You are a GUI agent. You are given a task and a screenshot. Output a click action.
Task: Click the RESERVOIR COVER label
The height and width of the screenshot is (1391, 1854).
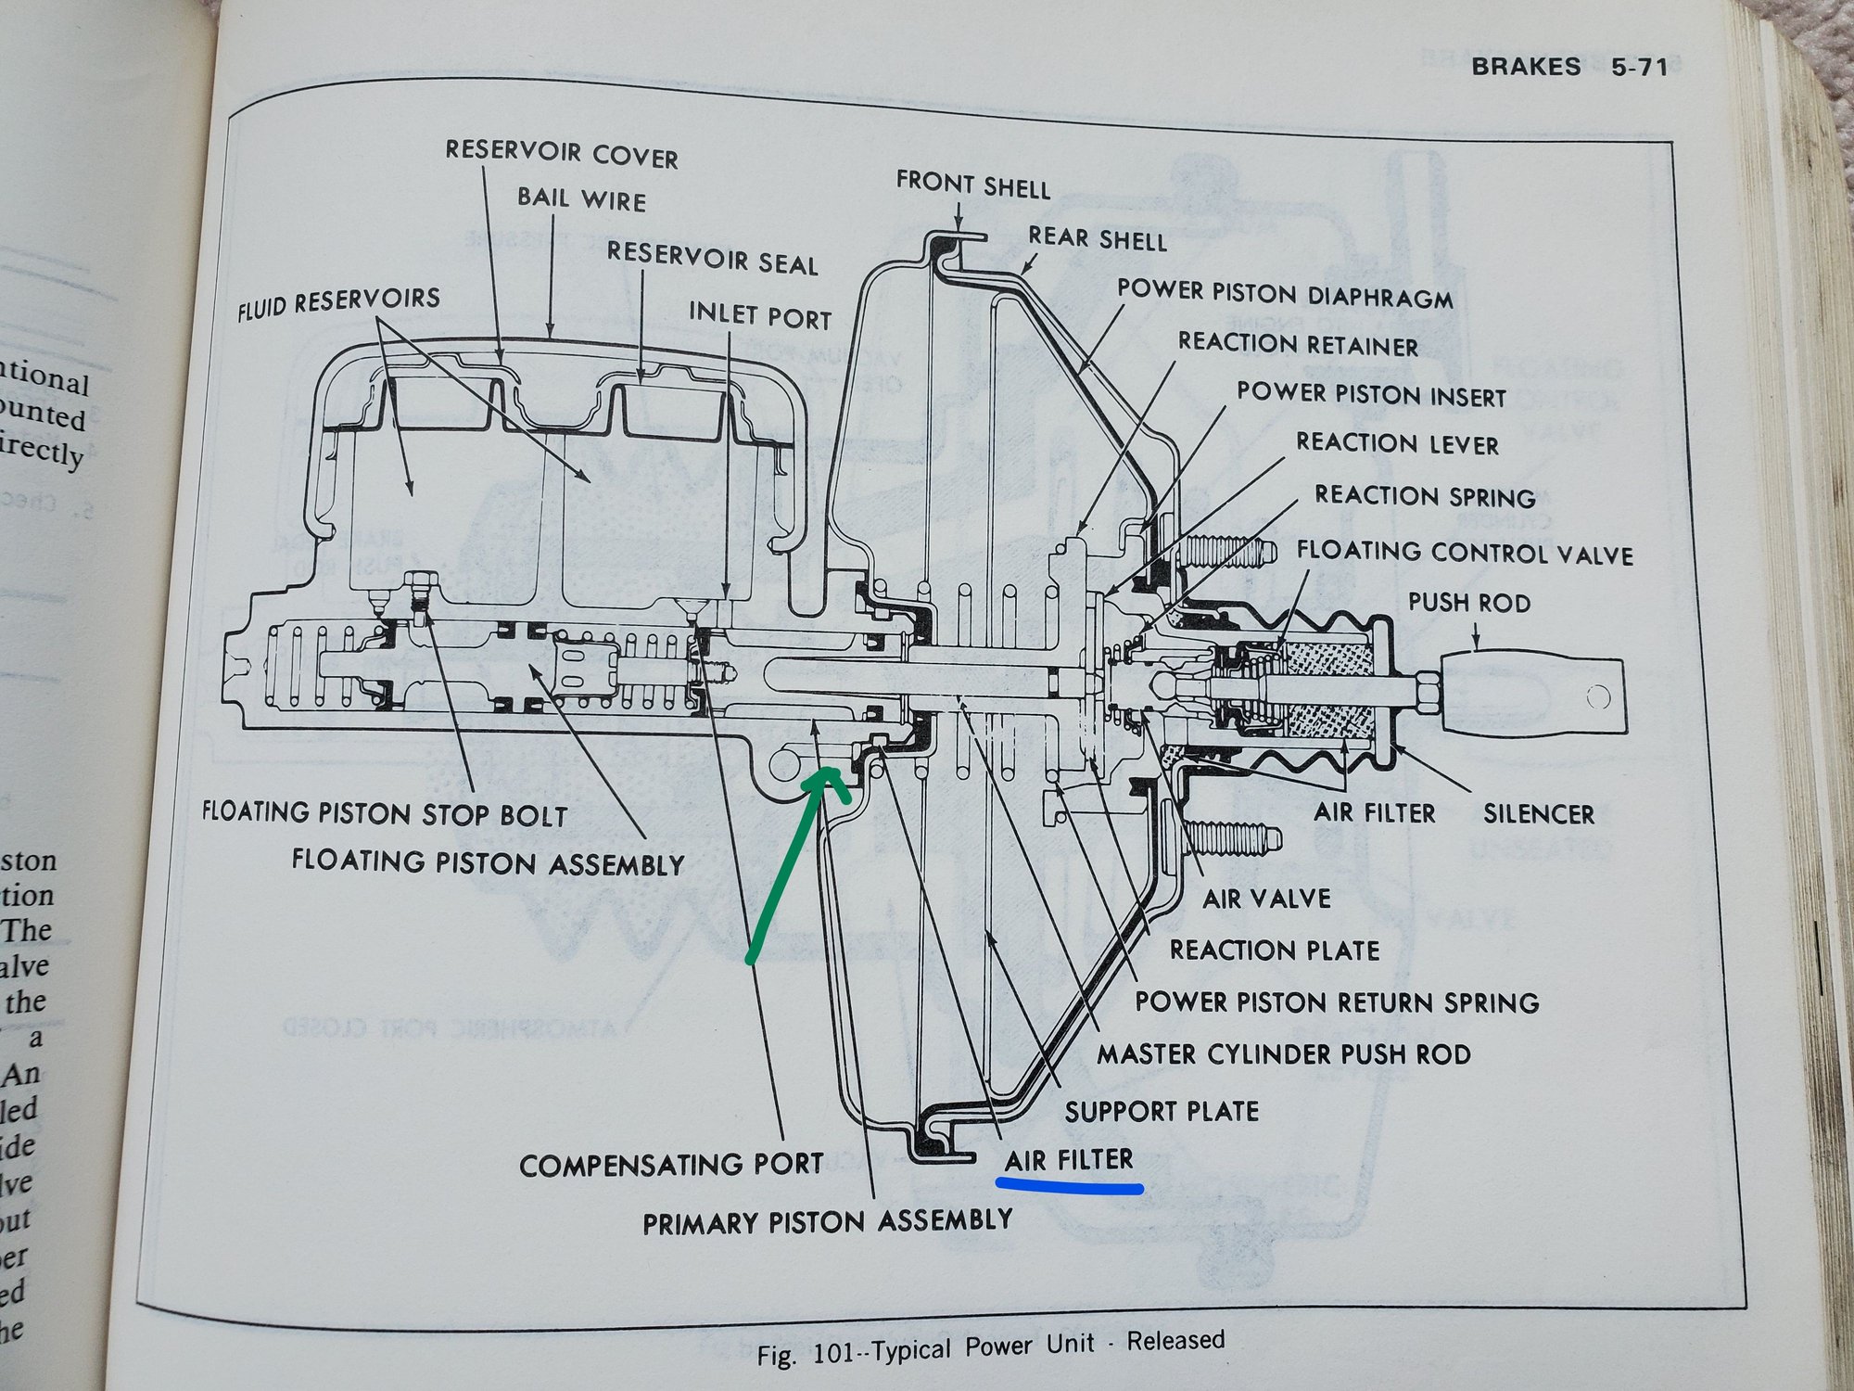click(562, 153)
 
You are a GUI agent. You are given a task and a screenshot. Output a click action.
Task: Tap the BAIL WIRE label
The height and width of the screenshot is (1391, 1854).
click(581, 198)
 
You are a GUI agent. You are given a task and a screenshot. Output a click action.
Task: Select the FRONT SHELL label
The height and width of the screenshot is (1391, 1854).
click(972, 184)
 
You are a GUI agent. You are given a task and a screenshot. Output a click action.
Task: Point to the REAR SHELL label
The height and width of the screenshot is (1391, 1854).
click(1097, 238)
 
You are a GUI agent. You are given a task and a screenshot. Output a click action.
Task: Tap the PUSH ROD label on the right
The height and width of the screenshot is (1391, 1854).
click(1468, 603)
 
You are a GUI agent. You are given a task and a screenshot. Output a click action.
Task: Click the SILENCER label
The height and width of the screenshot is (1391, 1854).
click(1538, 813)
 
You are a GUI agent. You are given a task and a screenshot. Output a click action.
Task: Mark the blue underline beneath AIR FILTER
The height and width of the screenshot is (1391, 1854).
click(1068, 1185)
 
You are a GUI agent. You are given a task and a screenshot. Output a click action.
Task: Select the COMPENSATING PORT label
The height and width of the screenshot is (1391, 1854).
click(671, 1165)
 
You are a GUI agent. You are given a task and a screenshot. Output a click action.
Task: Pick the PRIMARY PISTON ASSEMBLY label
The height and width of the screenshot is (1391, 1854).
click(827, 1221)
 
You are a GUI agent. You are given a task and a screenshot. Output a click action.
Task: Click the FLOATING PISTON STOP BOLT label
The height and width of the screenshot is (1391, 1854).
click(385, 814)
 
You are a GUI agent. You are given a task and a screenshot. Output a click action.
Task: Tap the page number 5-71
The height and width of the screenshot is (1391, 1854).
click(1639, 67)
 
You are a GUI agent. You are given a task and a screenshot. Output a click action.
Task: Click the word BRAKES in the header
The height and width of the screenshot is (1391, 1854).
click(1526, 66)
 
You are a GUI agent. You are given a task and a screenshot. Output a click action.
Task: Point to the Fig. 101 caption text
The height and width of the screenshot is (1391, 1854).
click(990, 1347)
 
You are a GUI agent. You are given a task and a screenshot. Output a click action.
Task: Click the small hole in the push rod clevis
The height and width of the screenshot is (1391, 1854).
click(1597, 696)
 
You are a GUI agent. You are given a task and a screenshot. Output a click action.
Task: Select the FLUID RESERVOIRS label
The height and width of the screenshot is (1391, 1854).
click(338, 303)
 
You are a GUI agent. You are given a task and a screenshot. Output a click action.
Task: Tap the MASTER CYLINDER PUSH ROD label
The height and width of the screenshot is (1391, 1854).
click(1283, 1054)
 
